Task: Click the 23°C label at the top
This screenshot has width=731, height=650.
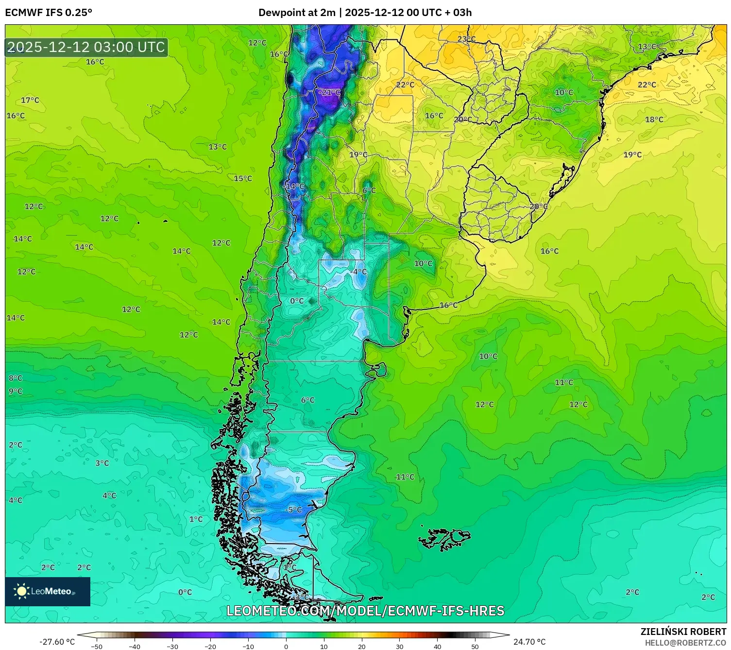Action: tap(466, 39)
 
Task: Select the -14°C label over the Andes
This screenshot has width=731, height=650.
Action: tap(294, 187)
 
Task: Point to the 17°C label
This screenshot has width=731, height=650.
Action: tap(30, 100)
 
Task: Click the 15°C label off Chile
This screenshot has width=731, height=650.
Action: tap(243, 178)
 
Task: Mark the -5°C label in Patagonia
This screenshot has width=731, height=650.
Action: tap(293, 510)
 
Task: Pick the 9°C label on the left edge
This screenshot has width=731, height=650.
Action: tap(16, 391)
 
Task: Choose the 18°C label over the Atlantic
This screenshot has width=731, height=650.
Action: tap(654, 120)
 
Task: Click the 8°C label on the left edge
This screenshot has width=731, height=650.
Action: tap(16, 378)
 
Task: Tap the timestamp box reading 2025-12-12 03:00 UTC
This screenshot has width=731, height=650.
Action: tap(86, 47)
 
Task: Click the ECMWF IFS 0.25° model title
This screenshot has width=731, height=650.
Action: tap(49, 13)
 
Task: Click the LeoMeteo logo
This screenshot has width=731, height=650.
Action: tap(48, 591)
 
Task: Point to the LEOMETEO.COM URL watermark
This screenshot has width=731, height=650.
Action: tap(365, 611)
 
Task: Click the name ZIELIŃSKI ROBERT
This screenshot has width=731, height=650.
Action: tap(683, 632)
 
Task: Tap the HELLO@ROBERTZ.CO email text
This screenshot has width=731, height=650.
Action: tap(685, 643)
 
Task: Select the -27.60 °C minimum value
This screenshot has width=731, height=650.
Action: tap(57, 642)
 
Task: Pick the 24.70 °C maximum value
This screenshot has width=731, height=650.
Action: tap(529, 642)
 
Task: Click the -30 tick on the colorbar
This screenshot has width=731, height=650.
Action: tap(172, 646)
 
